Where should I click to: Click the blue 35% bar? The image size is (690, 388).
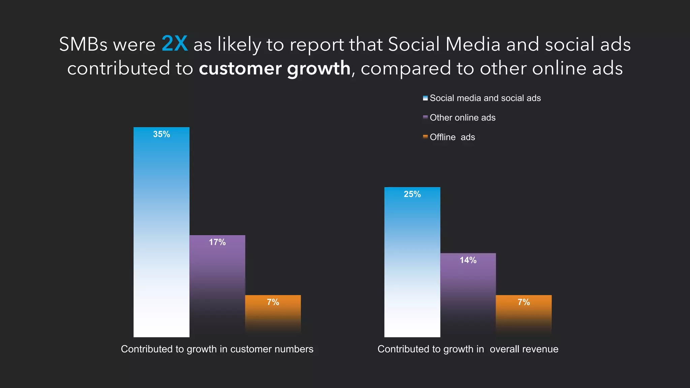pos(161,232)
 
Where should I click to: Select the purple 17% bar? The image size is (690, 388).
pos(217,286)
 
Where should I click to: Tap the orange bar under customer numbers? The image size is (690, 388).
pos(273,315)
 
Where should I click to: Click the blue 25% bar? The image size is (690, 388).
pos(412,263)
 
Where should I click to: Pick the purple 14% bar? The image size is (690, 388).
pos(468,295)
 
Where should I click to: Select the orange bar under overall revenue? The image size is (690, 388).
pos(524,315)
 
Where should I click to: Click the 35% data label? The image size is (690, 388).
pos(161,134)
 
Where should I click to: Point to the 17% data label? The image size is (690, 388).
pos(217,242)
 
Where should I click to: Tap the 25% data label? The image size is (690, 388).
pos(412,194)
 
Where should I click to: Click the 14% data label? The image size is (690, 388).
pos(468,260)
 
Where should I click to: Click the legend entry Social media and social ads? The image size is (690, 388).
pos(485,98)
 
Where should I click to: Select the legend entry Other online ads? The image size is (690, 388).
pos(462,118)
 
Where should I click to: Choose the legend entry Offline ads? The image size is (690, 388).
pos(452,137)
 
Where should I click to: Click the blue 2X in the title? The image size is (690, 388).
pos(175,43)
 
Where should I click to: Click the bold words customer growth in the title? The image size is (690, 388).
pos(275,68)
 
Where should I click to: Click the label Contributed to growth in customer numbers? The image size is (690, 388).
pos(217,349)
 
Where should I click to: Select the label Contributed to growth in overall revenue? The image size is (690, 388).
pos(468,349)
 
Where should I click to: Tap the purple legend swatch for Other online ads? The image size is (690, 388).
pos(425,118)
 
